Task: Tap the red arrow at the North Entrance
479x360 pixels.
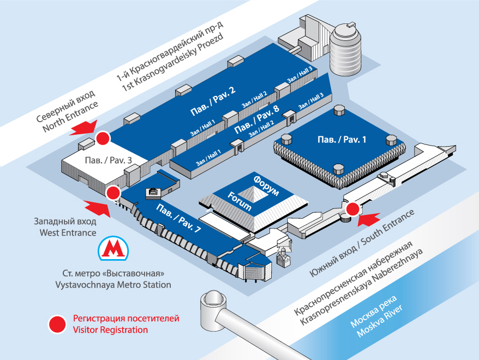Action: pos(82,128)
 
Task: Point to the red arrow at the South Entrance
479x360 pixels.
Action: pos(371,219)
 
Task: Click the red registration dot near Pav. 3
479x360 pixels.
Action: pos(102,137)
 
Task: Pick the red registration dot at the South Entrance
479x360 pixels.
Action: pos(353,208)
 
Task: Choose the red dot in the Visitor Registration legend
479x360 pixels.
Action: pos(57,324)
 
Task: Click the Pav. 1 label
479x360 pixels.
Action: pos(342,139)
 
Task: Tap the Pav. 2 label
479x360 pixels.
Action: pos(213,101)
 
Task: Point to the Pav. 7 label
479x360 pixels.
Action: pos(178,219)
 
